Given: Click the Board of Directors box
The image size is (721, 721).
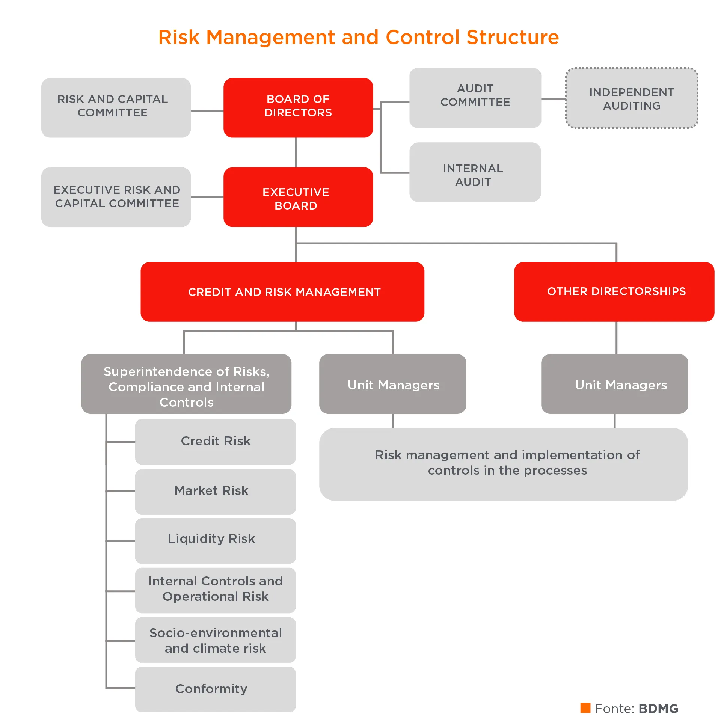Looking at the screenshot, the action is click(x=298, y=108).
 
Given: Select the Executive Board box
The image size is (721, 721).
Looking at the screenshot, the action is click(x=298, y=197).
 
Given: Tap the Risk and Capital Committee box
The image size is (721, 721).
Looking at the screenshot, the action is click(x=116, y=108).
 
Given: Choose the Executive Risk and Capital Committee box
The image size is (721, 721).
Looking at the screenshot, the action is click(x=116, y=197).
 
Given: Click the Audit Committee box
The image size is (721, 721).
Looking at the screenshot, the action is click(x=475, y=98).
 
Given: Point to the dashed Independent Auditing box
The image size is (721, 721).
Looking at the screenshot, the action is click(x=632, y=98).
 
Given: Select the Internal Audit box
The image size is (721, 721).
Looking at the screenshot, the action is click(x=475, y=172).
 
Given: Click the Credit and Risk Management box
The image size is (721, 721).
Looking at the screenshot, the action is click(x=282, y=292).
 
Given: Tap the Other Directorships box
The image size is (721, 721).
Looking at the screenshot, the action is click(x=614, y=292).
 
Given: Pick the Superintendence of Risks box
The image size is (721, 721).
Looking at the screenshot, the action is click(x=186, y=384).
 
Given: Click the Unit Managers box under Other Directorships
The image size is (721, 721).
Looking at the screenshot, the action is click(x=614, y=384).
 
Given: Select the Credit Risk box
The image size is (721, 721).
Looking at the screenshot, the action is click(x=216, y=442).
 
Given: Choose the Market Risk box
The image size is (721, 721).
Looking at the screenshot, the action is click(x=216, y=492).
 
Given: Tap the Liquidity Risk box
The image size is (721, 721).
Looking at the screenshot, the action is click(x=216, y=541).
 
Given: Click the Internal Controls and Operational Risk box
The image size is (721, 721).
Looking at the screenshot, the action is click(x=216, y=590).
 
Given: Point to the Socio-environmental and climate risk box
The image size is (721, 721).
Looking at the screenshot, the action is click(x=216, y=640).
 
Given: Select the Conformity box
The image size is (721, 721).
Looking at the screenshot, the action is click(x=216, y=689).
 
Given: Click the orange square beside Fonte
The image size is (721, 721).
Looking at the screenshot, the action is click(x=585, y=708).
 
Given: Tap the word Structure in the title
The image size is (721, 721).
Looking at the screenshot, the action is click(x=513, y=37).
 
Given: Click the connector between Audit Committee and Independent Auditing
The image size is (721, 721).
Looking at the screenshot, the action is click(x=554, y=99).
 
